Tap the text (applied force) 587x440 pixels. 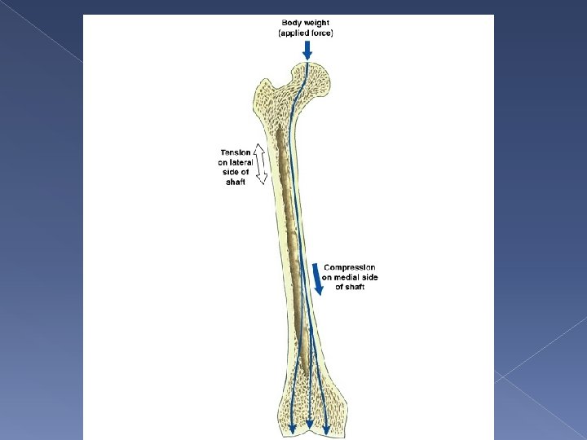(x=307, y=33)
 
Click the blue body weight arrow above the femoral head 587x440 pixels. (x=307, y=51)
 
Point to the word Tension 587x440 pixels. (x=235, y=152)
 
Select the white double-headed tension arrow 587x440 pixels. (x=260, y=165)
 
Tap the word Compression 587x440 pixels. (x=350, y=267)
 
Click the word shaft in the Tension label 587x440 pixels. (x=235, y=182)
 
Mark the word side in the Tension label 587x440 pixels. (x=229, y=172)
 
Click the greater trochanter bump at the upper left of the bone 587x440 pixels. (x=265, y=90)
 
